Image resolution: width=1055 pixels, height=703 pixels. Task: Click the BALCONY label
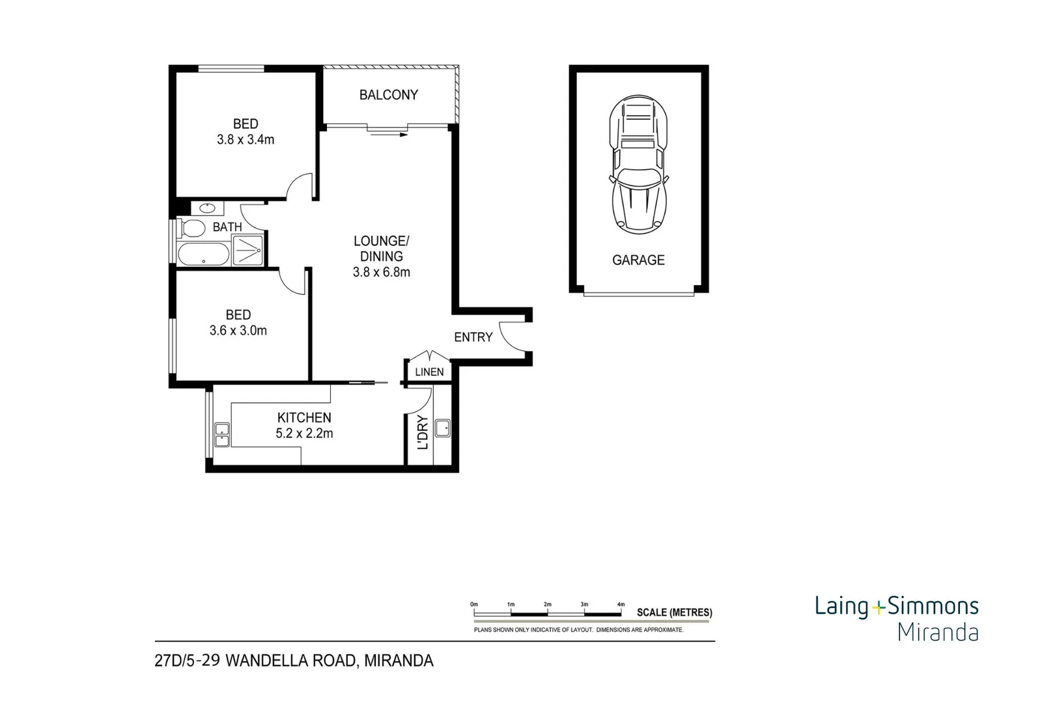(x=388, y=95)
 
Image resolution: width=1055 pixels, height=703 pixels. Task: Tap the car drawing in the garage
(x=638, y=164)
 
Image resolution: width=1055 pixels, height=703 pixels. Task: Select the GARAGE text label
(x=638, y=260)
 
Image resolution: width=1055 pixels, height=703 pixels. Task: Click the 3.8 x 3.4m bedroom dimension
(x=246, y=139)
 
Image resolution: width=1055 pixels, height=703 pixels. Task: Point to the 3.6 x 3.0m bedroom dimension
(x=238, y=331)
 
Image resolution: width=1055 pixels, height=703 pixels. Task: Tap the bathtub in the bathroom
(x=203, y=255)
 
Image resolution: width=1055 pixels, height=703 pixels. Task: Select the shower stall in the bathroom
(x=247, y=251)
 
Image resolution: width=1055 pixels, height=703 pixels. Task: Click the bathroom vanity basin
(x=207, y=208)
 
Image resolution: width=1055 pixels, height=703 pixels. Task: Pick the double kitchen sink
(x=222, y=434)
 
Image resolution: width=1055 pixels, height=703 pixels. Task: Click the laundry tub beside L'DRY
(x=443, y=428)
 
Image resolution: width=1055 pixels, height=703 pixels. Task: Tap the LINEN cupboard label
(x=429, y=372)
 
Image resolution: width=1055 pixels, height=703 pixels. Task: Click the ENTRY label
(x=473, y=337)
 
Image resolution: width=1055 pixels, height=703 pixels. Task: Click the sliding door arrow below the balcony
(x=388, y=135)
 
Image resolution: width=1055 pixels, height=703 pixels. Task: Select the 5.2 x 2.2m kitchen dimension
(x=304, y=434)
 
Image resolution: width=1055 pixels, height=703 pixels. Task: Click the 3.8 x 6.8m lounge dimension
(x=382, y=272)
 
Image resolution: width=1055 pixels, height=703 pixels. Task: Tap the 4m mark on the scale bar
(x=621, y=605)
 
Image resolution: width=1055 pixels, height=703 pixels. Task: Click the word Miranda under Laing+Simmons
(x=938, y=632)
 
